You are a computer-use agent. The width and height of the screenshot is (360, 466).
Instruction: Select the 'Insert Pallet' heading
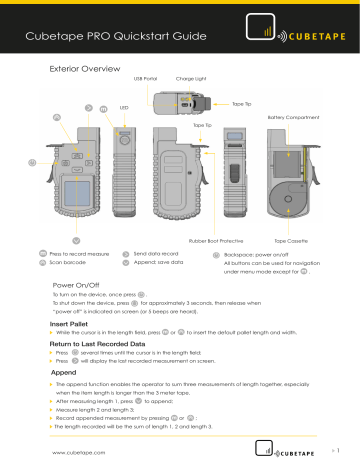click(72, 325)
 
